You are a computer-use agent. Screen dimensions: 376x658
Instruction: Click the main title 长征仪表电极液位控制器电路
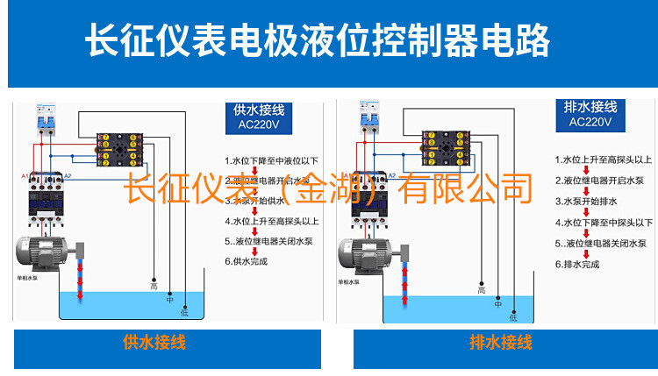click(318, 40)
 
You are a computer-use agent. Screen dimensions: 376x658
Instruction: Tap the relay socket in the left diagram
click(119, 150)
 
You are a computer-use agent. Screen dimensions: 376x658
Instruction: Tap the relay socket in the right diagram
click(443, 149)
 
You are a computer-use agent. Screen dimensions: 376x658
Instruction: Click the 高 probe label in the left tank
click(154, 286)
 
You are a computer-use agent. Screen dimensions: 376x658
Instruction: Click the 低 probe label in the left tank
click(184, 311)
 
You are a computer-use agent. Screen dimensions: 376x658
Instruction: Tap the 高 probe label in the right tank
click(481, 290)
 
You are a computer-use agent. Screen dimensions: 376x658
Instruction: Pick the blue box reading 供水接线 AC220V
click(259, 117)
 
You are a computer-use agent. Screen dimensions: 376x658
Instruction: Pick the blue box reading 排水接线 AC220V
click(590, 115)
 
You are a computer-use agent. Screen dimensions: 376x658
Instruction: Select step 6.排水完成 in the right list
click(576, 264)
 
